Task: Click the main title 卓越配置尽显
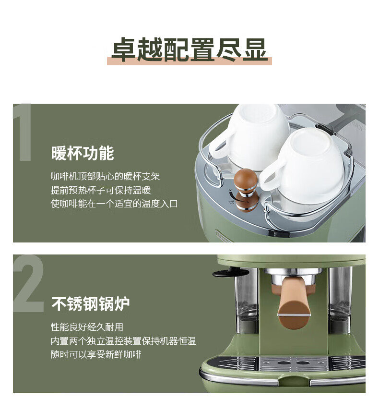click(189, 49)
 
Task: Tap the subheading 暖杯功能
click(83, 153)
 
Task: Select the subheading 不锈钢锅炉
click(91, 303)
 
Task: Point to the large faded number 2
click(28, 283)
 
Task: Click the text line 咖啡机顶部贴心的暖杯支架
click(105, 176)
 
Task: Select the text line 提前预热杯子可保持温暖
click(101, 190)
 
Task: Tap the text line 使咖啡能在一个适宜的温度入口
click(114, 204)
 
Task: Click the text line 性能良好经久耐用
click(87, 327)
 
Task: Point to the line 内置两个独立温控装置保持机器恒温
click(123, 341)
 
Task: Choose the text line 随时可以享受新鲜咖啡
click(96, 354)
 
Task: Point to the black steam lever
click(230, 273)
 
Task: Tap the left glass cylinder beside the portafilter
click(246, 300)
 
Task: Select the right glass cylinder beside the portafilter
click(340, 300)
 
